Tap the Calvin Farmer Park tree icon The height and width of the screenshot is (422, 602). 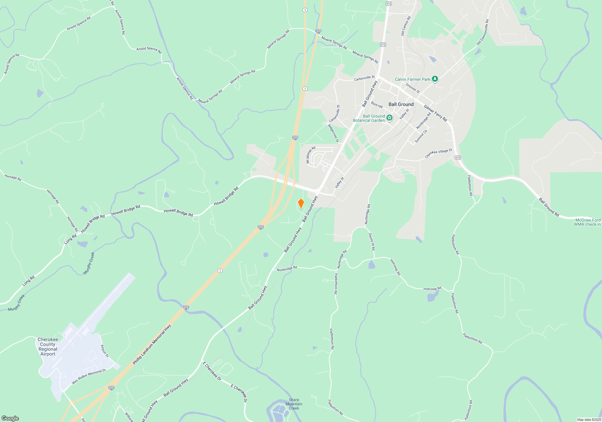435,79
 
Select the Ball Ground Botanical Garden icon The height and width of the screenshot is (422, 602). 389,118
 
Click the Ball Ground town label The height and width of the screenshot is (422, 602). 401,104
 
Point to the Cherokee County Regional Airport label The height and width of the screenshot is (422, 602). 48,347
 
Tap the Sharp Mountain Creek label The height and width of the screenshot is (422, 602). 294,404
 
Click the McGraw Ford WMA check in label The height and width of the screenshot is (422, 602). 588,222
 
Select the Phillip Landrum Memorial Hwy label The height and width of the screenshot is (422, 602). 152,344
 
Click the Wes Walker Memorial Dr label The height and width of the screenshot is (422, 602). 89,376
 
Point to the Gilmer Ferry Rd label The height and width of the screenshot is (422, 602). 435,113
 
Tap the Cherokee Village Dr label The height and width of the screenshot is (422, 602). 439,153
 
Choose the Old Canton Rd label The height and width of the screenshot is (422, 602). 405,26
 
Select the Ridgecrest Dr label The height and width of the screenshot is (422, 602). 333,133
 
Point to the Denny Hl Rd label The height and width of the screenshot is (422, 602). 372,242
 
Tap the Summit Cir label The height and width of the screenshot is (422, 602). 421,136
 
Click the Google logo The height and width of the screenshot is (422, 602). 10,418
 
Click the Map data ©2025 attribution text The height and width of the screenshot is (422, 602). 589,420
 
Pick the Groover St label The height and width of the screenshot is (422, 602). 412,88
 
